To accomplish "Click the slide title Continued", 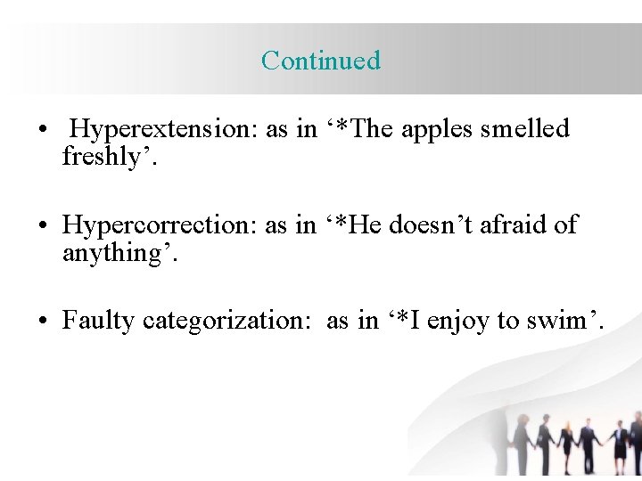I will [321, 61].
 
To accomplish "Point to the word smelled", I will [524, 129].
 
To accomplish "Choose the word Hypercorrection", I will [160, 224].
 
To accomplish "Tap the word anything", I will [116, 253].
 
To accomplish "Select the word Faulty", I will [98, 321].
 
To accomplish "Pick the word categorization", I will [225, 321].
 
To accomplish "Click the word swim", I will [562, 321].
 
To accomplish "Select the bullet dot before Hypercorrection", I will [43, 226].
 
